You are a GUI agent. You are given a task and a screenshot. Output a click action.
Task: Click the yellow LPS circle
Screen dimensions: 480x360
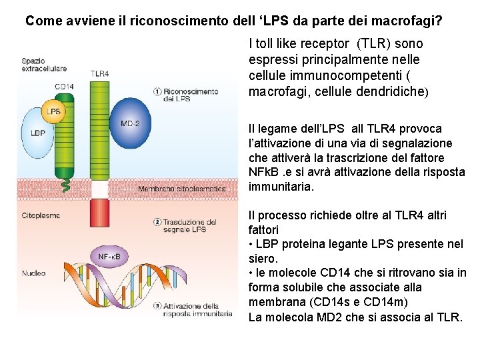[53, 111]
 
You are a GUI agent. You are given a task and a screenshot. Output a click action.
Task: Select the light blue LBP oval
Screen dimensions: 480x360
[39, 133]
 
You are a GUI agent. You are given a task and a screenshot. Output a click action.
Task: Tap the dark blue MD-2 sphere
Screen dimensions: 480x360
[129, 123]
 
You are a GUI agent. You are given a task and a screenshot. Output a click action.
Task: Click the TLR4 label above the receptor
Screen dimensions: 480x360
[99, 73]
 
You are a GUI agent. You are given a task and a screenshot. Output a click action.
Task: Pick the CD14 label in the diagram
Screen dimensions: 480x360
[64, 87]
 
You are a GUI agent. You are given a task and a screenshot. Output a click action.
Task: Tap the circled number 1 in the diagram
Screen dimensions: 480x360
[157, 91]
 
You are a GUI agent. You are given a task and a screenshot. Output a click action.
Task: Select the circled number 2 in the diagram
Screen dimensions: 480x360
[157, 222]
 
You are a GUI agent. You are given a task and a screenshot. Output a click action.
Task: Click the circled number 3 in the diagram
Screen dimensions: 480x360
[157, 306]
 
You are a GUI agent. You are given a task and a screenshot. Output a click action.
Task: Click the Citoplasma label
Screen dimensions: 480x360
[41, 215]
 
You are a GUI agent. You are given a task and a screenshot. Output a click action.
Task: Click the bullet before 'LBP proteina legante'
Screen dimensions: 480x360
[251, 244]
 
